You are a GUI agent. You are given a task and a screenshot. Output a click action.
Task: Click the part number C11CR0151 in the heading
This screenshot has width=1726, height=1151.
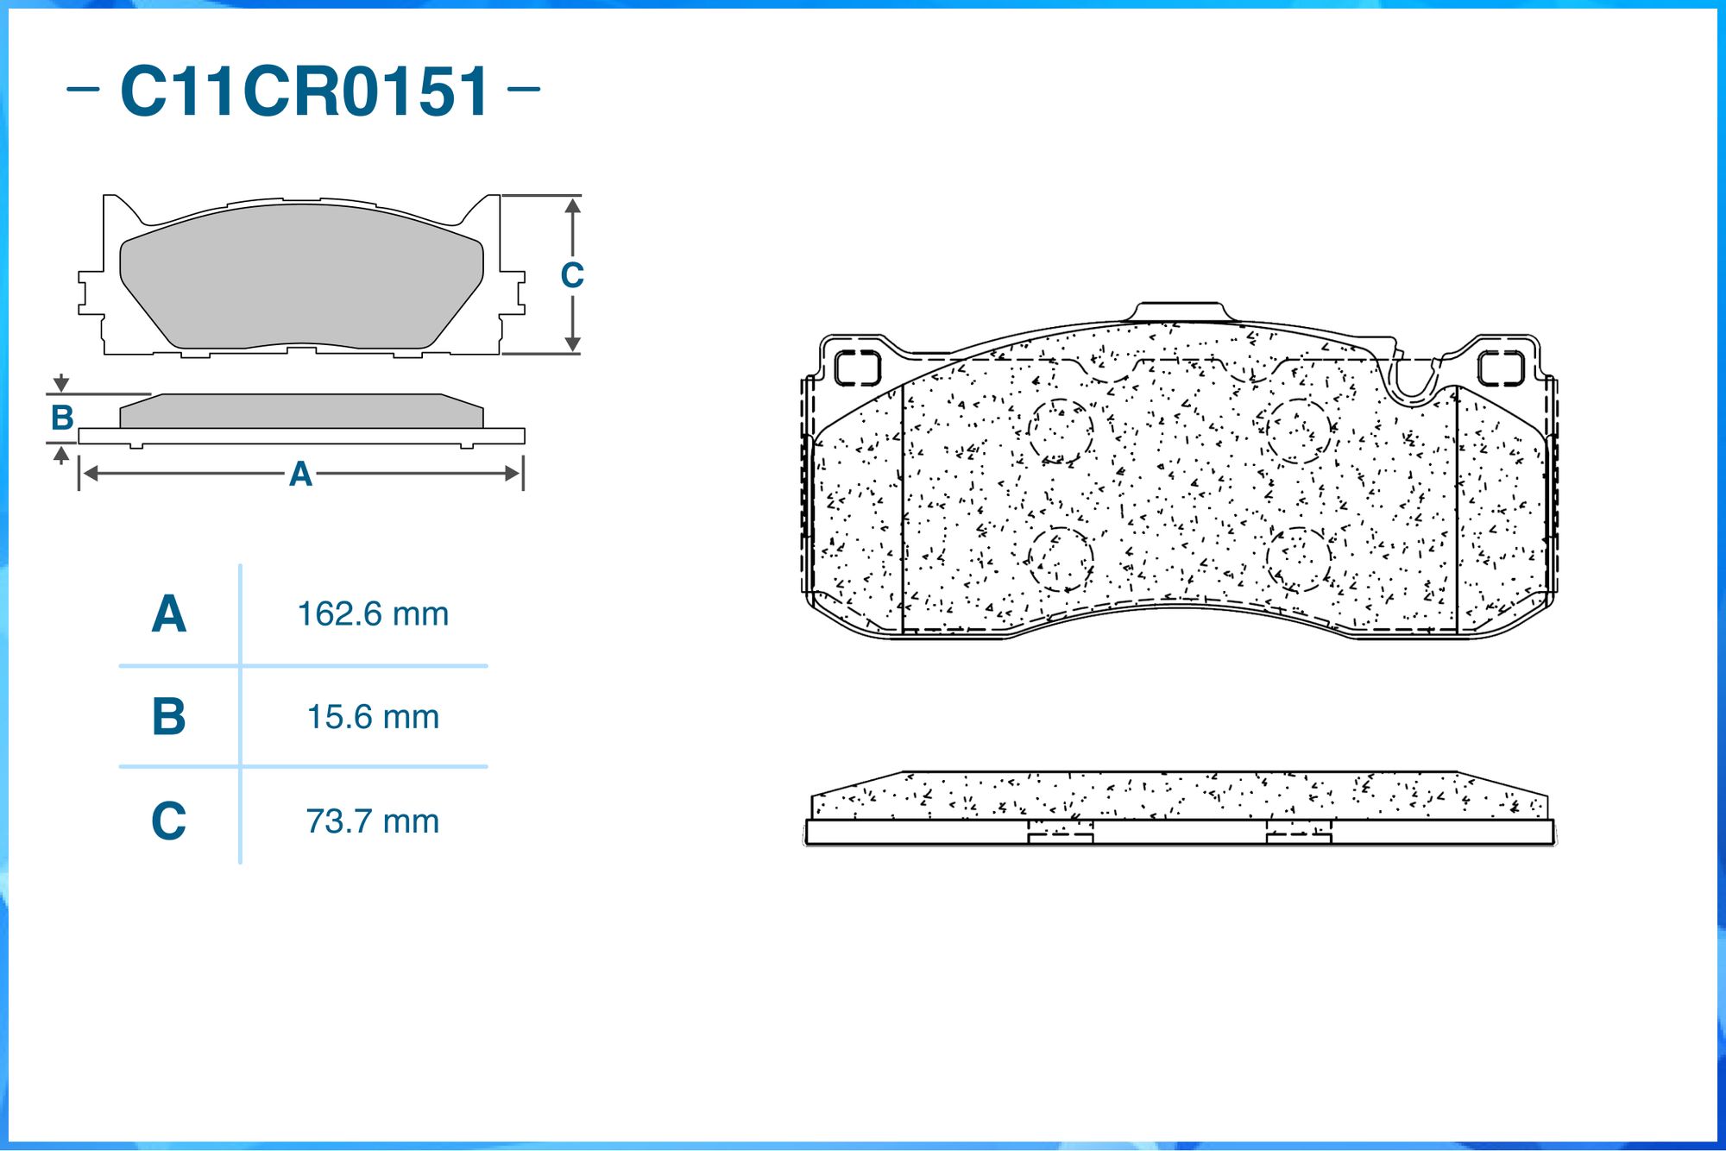coord(305,91)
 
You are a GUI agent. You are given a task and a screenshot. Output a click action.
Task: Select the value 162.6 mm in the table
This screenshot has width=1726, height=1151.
coord(373,614)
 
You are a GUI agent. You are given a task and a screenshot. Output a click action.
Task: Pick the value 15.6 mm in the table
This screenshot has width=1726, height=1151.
coord(373,717)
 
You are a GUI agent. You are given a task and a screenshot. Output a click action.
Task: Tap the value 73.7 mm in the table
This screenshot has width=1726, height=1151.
coord(373,821)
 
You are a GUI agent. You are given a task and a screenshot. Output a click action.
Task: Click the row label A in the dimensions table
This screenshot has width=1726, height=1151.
coord(169,614)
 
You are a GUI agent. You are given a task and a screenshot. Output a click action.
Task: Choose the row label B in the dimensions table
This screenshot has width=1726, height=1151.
coord(169,717)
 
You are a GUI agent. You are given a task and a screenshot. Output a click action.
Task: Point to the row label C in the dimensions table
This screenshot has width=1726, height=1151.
coord(169,821)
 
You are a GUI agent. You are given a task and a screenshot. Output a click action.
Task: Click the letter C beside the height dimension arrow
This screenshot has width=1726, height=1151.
coord(572,275)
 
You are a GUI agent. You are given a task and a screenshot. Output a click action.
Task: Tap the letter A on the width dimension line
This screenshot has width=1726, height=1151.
coord(300,474)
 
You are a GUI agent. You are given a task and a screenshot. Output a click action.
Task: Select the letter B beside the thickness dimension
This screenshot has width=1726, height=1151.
coord(62,418)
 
